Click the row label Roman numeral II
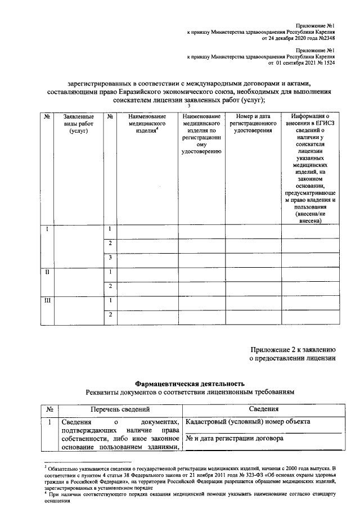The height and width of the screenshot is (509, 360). (47, 272)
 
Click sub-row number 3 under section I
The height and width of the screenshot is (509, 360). (111, 258)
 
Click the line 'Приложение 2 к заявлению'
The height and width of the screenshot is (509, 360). (293, 349)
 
